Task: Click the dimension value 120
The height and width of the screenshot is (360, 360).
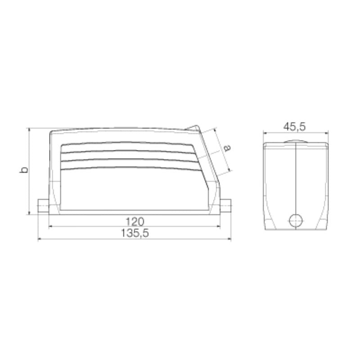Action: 134,221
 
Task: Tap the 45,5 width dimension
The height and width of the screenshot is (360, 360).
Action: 295,127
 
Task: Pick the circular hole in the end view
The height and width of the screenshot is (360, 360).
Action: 295,220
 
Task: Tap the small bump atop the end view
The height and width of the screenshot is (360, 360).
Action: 295,143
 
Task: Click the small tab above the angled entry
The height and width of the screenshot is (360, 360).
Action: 194,128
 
